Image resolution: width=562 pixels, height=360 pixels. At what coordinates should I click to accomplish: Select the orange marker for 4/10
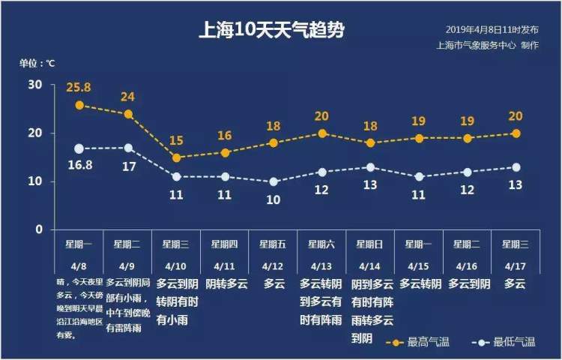(x=176, y=157)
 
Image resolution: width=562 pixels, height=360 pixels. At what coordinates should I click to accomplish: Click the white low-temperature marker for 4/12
(x=274, y=181)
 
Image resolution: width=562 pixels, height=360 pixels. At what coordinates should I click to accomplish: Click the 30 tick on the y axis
(x=35, y=85)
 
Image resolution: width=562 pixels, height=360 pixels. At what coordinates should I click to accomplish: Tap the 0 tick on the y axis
(x=39, y=229)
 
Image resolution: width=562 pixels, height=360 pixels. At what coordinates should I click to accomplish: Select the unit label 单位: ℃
(x=37, y=63)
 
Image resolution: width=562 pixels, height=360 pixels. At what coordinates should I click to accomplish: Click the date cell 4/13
(x=321, y=265)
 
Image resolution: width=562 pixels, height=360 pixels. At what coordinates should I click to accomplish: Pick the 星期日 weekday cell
(x=370, y=244)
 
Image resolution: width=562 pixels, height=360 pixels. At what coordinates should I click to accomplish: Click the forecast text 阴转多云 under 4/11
(x=225, y=284)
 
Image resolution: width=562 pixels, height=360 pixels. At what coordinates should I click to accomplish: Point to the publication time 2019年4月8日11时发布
(x=492, y=30)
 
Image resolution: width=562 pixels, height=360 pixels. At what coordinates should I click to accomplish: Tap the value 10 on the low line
(x=274, y=199)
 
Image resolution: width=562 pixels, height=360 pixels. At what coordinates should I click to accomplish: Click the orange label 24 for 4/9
(x=128, y=97)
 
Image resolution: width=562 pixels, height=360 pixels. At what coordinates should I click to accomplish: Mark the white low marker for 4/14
(x=370, y=167)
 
